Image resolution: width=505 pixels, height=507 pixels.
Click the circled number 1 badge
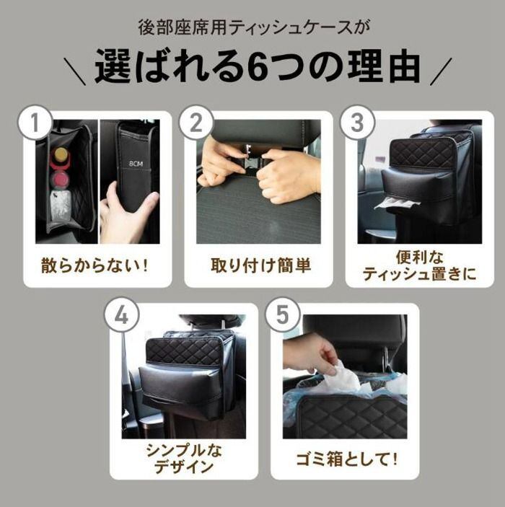(35, 123)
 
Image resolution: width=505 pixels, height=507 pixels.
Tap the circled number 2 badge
(196, 123)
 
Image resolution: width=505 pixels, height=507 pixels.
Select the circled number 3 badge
(358, 123)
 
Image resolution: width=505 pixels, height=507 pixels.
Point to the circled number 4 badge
(122, 315)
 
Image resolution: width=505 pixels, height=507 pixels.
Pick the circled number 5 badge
(282, 315)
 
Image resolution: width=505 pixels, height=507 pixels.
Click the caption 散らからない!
(95, 266)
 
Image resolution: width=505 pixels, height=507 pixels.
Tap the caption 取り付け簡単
(260, 266)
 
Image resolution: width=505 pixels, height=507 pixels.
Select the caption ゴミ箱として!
(346, 459)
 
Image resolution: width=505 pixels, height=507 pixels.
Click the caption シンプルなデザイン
(184, 459)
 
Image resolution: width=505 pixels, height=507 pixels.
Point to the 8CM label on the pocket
(136, 164)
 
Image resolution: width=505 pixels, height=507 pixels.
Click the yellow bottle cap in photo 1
(61, 153)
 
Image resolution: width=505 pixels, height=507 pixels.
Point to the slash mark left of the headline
(75, 71)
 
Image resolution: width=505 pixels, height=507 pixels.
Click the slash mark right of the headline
(441, 71)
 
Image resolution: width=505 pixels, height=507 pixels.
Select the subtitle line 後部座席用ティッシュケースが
(254, 28)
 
